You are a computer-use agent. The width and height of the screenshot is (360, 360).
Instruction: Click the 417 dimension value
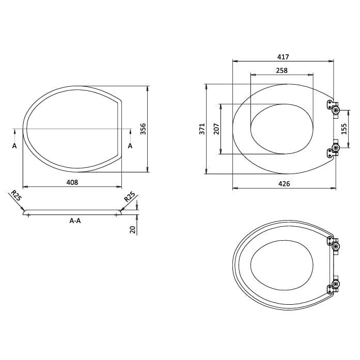(x=283, y=57)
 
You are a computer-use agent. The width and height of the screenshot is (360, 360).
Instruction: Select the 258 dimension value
(x=281, y=70)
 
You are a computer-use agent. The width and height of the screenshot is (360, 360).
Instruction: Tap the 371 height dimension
(x=202, y=129)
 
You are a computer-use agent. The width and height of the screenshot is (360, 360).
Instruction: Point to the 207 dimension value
(x=216, y=129)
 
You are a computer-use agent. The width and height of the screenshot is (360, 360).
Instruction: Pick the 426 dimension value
(x=284, y=184)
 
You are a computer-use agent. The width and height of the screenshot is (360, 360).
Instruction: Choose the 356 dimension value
(x=143, y=129)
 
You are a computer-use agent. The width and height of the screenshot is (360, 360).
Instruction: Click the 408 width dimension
(x=72, y=182)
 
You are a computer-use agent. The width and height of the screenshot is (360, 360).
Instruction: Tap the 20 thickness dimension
(x=133, y=229)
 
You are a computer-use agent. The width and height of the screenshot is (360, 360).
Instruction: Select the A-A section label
(x=75, y=221)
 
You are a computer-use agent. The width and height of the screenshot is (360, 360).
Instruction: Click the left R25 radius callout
(x=16, y=196)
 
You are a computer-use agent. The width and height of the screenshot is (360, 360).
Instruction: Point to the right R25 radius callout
(x=129, y=197)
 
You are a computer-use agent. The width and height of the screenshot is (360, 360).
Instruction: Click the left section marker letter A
(x=14, y=146)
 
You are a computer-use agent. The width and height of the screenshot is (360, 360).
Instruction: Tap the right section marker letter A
(x=130, y=146)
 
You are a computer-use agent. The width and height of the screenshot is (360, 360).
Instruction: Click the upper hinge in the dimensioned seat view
(x=333, y=107)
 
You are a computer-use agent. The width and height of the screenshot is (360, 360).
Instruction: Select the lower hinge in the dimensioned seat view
(x=333, y=150)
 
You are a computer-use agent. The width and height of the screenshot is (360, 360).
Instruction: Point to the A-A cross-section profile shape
(x=72, y=212)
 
